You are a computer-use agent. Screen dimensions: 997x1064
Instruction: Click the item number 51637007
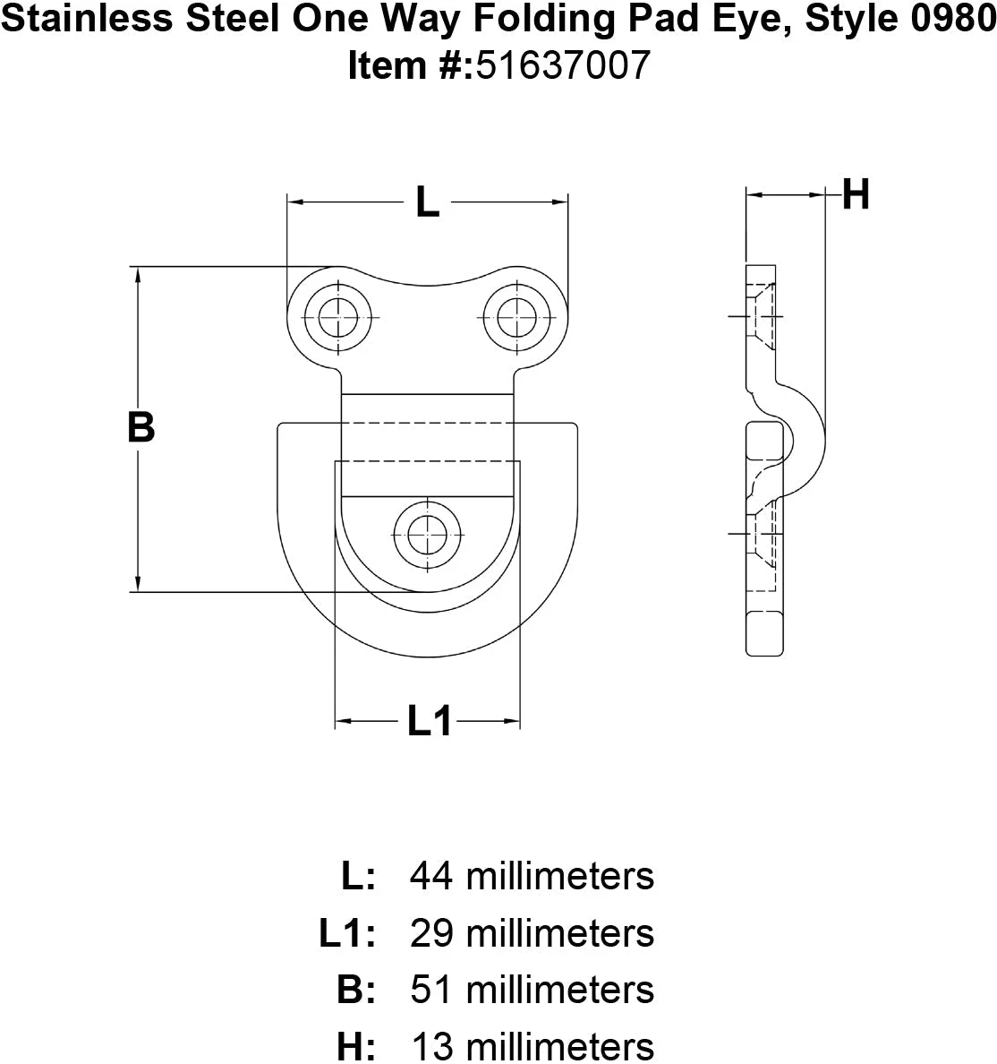pos(563,65)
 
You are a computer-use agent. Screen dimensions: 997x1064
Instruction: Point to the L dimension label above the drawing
pos(427,202)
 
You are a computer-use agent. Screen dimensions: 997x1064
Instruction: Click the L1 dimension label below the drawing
pos(429,721)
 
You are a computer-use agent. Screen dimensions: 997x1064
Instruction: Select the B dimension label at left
pos(141,427)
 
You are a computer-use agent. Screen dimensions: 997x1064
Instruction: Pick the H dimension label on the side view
pos(856,194)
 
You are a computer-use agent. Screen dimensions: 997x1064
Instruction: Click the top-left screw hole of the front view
pos(337,317)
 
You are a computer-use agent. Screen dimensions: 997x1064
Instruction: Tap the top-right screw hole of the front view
pos(516,317)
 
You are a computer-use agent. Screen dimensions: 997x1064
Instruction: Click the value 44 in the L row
pos(430,876)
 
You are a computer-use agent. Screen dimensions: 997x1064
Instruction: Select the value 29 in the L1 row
pos(431,933)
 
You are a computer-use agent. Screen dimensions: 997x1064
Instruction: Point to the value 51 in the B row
pos(430,990)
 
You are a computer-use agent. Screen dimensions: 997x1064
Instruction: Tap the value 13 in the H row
pos(432,1046)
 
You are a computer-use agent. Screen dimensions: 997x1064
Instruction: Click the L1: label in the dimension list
pos(347,933)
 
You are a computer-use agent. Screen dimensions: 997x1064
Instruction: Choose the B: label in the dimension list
pos(356,990)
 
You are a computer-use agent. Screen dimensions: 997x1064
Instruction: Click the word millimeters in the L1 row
pos(560,933)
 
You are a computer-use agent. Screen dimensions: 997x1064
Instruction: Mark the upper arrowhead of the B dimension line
pos(139,274)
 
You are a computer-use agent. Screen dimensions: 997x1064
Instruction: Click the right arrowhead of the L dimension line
pos(559,202)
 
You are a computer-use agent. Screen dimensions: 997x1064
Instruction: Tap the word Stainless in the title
pos(88,18)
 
